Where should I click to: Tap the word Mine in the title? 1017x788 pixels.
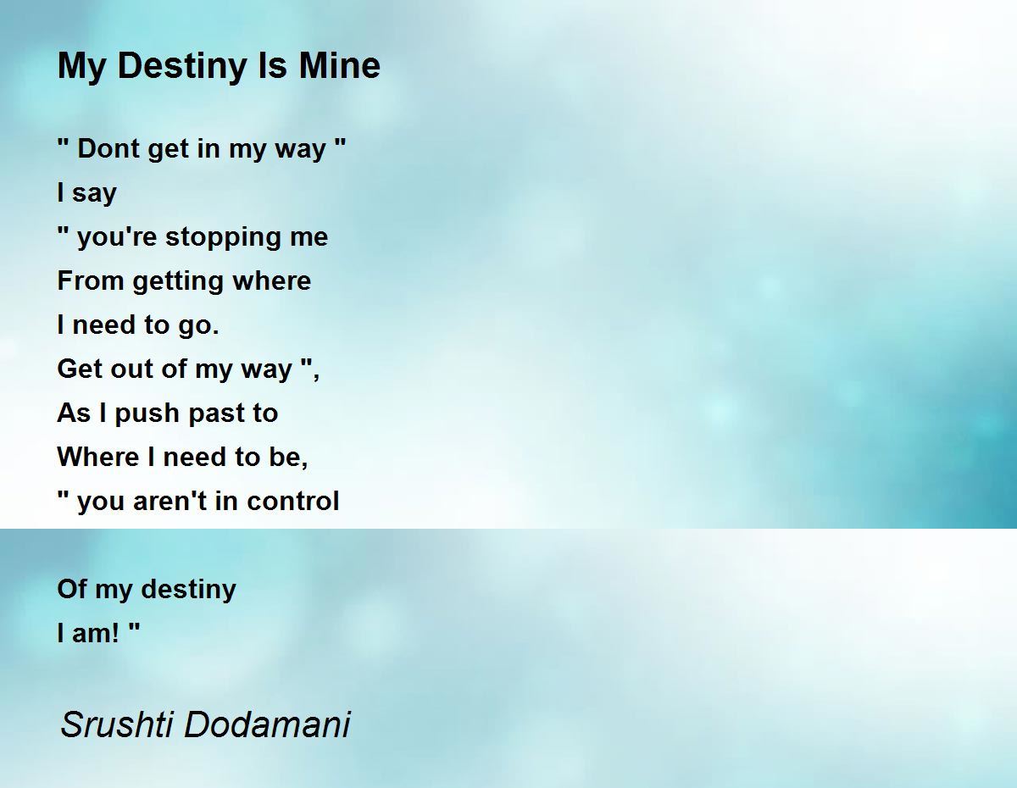[x=339, y=65]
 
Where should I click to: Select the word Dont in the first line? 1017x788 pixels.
[x=108, y=149]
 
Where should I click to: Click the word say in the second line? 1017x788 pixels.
[x=93, y=194]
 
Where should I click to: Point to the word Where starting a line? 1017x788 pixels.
[x=98, y=458]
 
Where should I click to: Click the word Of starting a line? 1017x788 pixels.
[x=72, y=590]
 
